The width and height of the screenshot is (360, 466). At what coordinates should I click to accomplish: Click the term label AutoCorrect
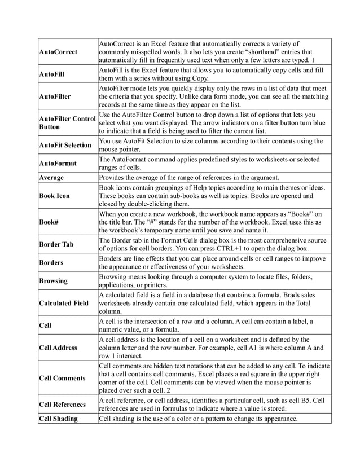click(x=59, y=52)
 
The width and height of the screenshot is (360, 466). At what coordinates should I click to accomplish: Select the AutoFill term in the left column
click(x=51, y=74)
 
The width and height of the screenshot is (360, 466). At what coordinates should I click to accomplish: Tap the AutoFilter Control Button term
click(x=67, y=124)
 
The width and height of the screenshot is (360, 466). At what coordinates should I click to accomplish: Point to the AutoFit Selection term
click(x=65, y=146)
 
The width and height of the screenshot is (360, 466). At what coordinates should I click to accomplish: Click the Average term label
click(x=51, y=178)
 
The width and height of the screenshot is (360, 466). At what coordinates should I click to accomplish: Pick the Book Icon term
click(x=55, y=196)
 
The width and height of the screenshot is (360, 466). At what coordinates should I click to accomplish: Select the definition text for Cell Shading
click(x=197, y=418)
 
